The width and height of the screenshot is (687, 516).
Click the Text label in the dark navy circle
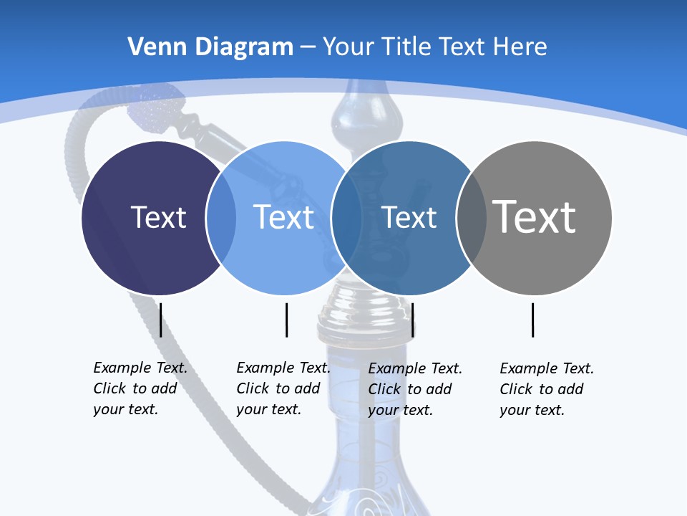coord(158,217)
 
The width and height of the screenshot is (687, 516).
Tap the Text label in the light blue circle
coord(284,217)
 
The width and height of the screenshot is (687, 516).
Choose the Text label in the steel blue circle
coord(409,217)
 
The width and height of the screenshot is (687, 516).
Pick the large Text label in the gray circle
coord(534,216)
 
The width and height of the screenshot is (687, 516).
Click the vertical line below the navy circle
coord(160,320)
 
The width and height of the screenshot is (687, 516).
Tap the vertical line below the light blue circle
coord(286,320)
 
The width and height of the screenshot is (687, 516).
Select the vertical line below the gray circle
coord(532,320)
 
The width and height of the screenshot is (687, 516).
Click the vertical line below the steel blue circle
coord(413,320)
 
